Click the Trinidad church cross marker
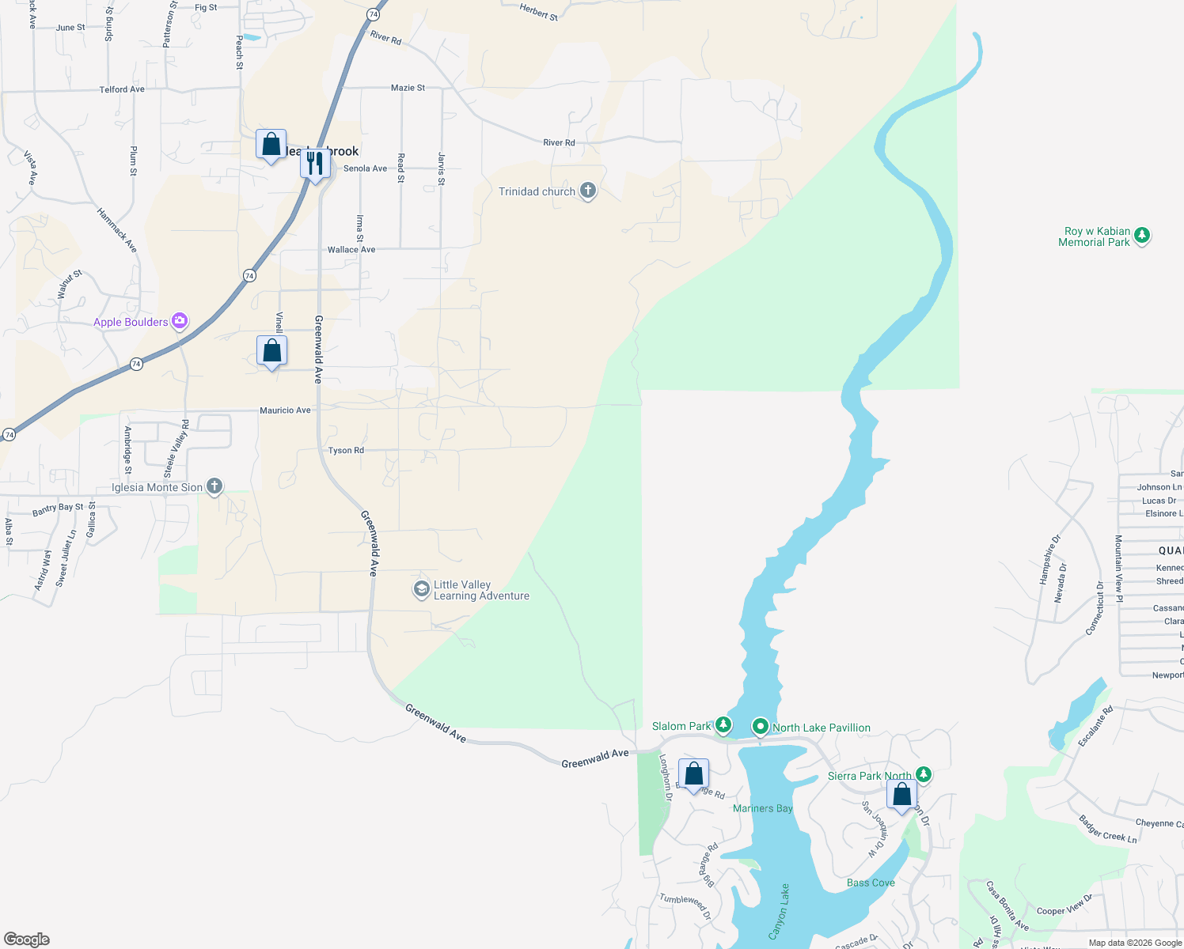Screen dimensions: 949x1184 point(587,191)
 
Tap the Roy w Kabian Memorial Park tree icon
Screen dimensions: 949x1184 point(1141,235)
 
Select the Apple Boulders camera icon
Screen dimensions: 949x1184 point(180,321)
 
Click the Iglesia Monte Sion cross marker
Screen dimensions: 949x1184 point(214,486)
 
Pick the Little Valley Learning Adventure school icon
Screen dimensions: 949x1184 point(422,589)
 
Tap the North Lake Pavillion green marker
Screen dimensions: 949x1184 point(760,726)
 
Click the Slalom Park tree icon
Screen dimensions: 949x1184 point(723,724)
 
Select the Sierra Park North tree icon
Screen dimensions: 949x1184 point(923,774)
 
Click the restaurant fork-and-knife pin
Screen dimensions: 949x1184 point(316,163)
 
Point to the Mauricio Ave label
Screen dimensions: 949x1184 point(285,410)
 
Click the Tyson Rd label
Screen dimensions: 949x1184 point(346,451)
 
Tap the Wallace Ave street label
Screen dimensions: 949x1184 point(351,250)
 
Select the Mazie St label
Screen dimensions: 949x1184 point(408,88)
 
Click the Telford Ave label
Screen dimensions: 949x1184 point(122,89)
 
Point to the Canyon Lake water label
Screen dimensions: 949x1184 point(780,911)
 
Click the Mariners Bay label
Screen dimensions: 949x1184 point(762,808)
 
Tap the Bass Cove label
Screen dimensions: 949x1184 point(871,883)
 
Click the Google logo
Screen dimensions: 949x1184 point(27,940)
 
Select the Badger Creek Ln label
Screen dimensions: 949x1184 point(1107,829)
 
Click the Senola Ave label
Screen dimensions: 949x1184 point(365,168)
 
